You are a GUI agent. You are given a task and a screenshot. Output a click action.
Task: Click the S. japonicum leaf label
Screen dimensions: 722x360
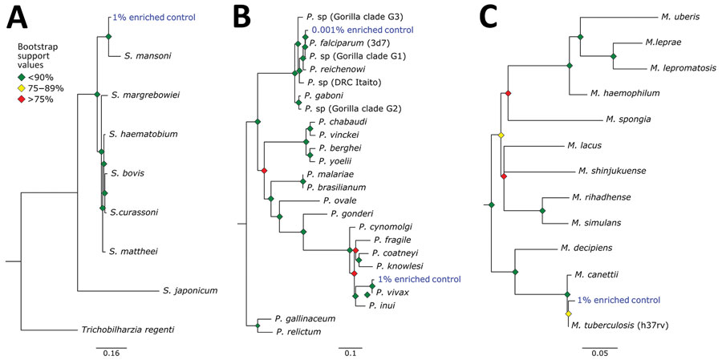[189, 290]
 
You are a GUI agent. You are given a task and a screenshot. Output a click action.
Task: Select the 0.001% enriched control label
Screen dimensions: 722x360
[363, 30]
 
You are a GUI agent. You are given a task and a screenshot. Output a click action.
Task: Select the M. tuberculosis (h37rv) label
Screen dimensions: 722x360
[619, 326]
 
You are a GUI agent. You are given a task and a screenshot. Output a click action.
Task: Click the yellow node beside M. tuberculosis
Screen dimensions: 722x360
[568, 314]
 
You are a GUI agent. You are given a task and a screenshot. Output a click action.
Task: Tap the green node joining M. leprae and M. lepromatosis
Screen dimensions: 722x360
[613, 55]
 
